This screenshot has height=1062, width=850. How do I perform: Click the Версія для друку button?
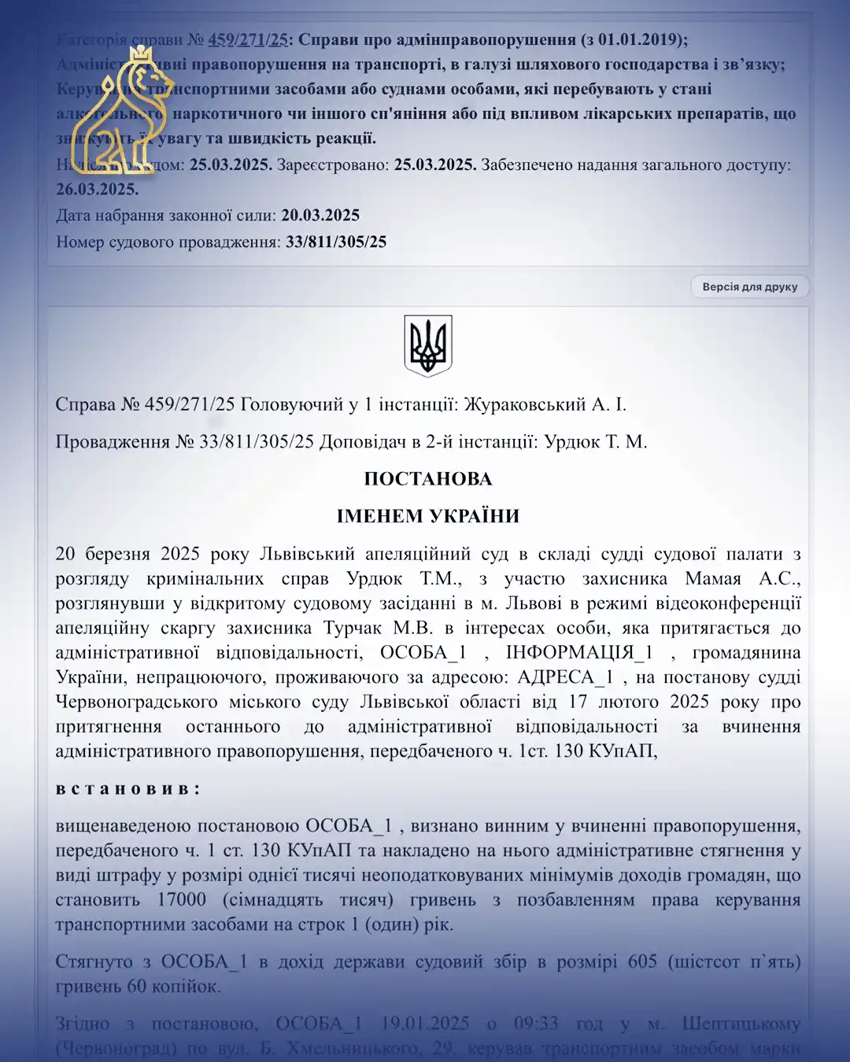tap(749, 287)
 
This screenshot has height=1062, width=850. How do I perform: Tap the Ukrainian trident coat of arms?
tap(428, 345)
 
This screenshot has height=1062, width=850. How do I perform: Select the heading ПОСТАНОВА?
tap(428, 479)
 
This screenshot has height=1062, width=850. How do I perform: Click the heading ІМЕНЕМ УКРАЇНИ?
tap(428, 516)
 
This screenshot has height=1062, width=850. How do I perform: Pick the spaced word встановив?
tap(128, 788)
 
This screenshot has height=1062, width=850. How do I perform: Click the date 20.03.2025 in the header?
tap(320, 216)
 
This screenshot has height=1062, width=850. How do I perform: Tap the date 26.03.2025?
tap(97, 190)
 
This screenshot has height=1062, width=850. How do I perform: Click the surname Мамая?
tap(713, 579)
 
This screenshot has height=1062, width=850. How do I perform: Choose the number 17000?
tap(182, 900)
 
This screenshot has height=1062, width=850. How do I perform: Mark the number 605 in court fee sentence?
tap(642, 961)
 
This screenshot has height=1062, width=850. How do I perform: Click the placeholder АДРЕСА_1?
tap(565, 677)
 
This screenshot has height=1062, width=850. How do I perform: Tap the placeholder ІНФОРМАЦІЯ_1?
tap(579, 653)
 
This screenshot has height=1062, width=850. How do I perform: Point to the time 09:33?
tap(535, 1023)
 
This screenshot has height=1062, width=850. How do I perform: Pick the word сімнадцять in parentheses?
tap(272, 900)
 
